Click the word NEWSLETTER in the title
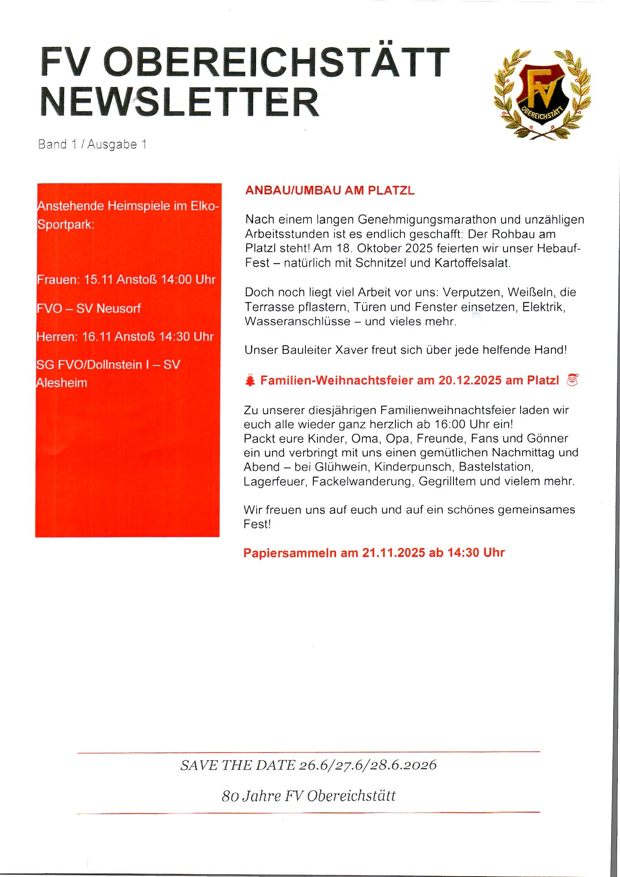click(180, 102)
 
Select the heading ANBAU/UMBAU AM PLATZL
click(329, 190)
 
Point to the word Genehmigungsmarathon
click(427, 220)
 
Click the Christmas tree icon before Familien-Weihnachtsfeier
click(250, 381)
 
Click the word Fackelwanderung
click(363, 481)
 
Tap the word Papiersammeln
click(290, 553)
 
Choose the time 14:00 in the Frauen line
click(176, 280)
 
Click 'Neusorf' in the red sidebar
click(119, 308)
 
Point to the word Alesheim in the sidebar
click(62, 383)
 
